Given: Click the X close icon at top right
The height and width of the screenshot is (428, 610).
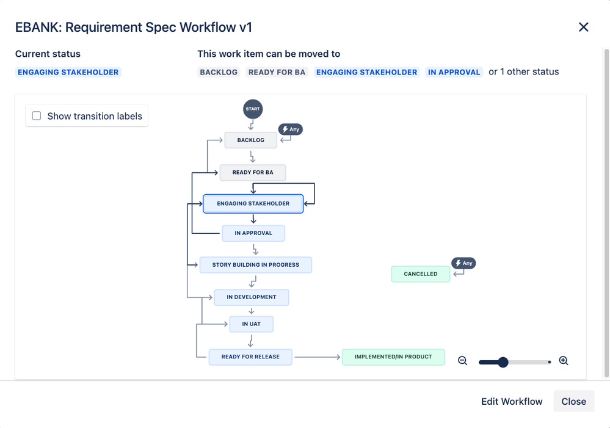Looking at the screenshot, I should tap(583, 27).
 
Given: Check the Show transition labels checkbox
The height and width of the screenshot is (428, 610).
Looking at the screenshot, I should tap(37, 116).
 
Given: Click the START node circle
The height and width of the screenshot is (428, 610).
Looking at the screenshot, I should tap(253, 109).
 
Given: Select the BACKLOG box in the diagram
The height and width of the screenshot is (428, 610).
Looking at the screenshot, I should tap(250, 140).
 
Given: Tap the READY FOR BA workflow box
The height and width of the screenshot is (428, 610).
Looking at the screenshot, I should tap(253, 173).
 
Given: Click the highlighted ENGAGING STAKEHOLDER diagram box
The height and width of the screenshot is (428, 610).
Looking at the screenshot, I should tap(253, 203).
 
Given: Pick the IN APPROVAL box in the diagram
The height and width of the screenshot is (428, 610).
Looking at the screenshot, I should tap(253, 233).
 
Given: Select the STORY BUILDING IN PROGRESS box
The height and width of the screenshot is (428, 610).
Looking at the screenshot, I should tap(255, 265).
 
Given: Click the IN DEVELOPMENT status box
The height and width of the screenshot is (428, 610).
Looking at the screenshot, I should tap(251, 297).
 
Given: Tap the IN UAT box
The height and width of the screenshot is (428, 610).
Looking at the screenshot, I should tap(251, 324).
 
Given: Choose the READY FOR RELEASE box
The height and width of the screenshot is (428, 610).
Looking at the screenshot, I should tap(250, 357).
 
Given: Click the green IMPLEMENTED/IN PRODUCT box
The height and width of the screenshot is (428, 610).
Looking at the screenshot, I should tap(393, 357).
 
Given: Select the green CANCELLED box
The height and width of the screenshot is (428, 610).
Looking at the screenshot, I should tap(420, 274).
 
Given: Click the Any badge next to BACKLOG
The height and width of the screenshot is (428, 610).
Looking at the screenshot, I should tap(291, 129).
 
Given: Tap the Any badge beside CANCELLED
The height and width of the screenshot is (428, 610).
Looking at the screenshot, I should tap(463, 263).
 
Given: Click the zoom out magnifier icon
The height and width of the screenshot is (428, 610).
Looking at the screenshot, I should tap(462, 361).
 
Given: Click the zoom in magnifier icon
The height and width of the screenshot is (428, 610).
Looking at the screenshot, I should tap(564, 361).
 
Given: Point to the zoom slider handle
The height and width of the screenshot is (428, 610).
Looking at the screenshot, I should tap(503, 362).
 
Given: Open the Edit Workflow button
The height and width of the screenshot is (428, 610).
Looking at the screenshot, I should tap(512, 401).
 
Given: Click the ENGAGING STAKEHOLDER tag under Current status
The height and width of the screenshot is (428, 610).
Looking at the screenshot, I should tap(68, 72).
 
